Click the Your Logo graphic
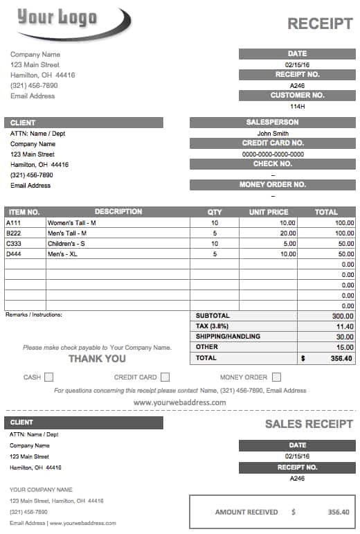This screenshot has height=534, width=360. pyautogui.click(x=69, y=21)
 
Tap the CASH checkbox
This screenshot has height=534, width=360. pyautogui.click(x=49, y=377)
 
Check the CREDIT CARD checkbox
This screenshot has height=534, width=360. pyautogui.click(x=165, y=377)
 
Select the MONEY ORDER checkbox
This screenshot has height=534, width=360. pyautogui.click(x=276, y=377)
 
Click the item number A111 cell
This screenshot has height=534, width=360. pyautogui.click(x=14, y=223)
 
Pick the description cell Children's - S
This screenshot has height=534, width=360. pyautogui.click(x=66, y=244)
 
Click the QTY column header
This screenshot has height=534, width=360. pyautogui.click(x=215, y=212)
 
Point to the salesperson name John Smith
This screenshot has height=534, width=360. pyautogui.click(x=272, y=134)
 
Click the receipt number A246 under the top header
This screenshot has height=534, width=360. pyautogui.click(x=297, y=86)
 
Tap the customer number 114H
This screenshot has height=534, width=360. pyautogui.click(x=297, y=107)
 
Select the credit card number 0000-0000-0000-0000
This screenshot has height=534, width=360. pyautogui.click(x=272, y=154)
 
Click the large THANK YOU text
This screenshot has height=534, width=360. pyautogui.click(x=97, y=358)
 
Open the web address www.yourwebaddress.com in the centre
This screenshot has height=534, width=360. pyautogui.click(x=179, y=402)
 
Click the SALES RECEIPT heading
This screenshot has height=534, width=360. pyautogui.click(x=309, y=424)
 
